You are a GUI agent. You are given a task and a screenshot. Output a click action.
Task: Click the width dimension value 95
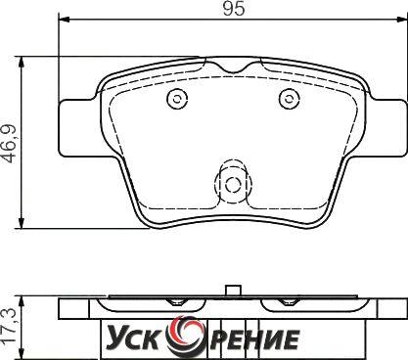[x=234, y=9]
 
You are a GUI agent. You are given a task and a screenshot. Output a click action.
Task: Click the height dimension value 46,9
[x=10, y=143]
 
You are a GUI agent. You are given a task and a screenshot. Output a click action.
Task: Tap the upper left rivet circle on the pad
[x=177, y=99]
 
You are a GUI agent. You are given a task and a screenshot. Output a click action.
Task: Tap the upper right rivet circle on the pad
[x=289, y=99]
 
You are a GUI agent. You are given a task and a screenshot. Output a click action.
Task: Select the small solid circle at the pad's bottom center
[x=233, y=185]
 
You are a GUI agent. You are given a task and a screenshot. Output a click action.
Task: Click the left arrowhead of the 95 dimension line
[x=65, y=20]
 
